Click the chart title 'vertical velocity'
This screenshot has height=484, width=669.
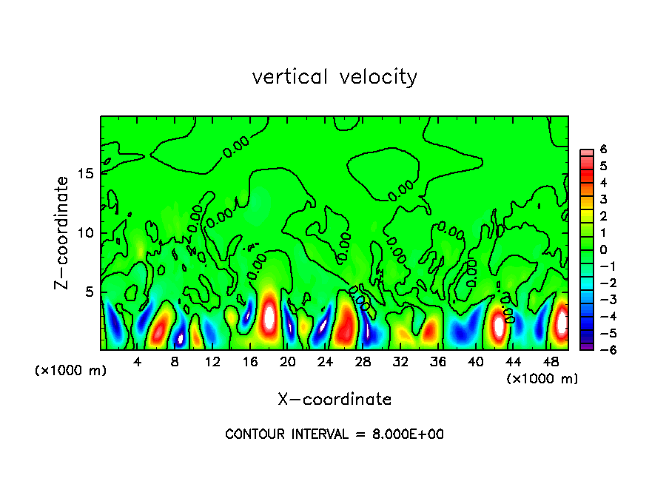point(334,77)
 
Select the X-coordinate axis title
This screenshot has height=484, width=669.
point(334,400)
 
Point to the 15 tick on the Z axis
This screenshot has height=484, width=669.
point(88,174)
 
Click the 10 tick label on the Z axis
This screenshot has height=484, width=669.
point(88,233)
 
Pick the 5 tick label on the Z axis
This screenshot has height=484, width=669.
point(92,292)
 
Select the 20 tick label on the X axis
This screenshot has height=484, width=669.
point(288,362)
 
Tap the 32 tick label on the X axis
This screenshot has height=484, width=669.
point(400,362)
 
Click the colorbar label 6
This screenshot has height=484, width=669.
point(603,149)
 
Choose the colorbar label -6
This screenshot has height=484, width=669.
point(600,350)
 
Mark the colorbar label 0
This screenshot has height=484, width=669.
point(603,249)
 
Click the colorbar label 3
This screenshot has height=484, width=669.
point(603,199)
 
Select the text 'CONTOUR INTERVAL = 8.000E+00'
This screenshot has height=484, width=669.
point(334,434)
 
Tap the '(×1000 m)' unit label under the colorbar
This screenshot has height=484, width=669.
point(542,378)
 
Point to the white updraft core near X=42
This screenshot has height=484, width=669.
point(499,324)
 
